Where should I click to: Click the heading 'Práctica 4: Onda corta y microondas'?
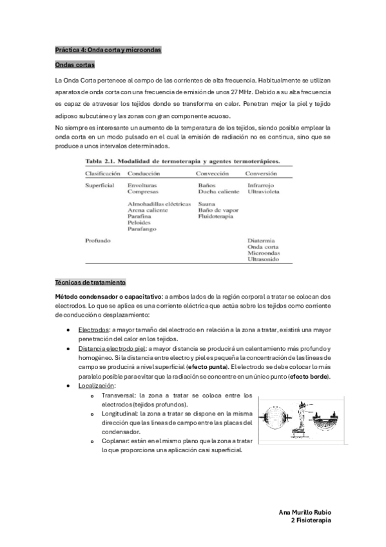click(108, 50)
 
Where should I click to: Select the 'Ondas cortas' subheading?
click(75, 65)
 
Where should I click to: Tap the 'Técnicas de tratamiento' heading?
click(90, 283)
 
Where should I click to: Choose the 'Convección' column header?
click(215, 174)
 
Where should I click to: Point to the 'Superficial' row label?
click(100, 185)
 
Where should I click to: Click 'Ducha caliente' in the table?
click(218, 192)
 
